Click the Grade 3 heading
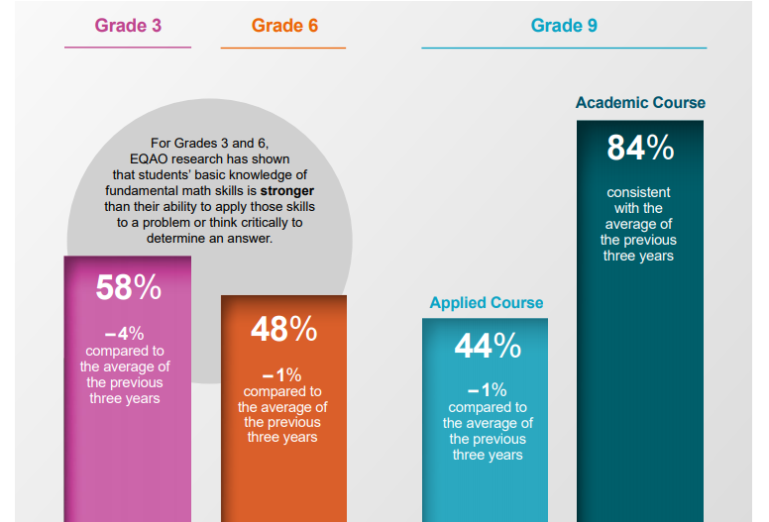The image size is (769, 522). click(x=128, y=25)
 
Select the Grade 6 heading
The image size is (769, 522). click(x=284, y=25)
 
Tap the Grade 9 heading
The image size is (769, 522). click(x=564, y=25)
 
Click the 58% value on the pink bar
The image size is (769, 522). click(x=128, y=287)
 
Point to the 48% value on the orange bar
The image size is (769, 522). click(x=283, y=330)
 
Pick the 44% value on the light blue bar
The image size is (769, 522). click(x=488, y=346)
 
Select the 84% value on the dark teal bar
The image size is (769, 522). click(x=640, y=148)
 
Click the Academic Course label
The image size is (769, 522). click(x=640, y=103)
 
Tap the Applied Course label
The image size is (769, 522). click(x=487, y=303)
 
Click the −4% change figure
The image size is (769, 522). click(x=125, y=334)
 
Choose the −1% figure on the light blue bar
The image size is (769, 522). click(x=487, y=390)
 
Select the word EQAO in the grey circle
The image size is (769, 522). click(x=151, y=159)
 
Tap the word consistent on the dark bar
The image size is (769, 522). click(x=638, y=192)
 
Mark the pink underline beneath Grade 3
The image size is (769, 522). click(x=128, y=47)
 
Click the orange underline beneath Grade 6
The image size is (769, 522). click(x=283, y=48)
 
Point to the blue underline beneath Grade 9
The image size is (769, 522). click(x=564, y=48)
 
